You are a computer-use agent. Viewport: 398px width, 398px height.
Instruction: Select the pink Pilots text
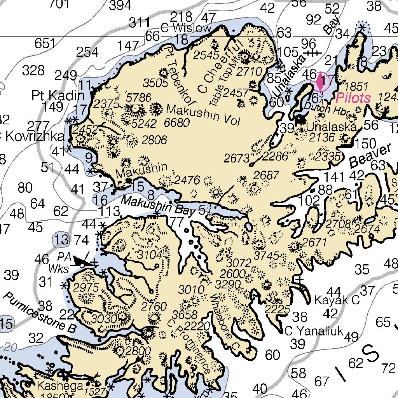pyautogui.click(x=353, y=98)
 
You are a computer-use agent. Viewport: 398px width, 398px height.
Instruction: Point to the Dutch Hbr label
pyautogui.click(x=322, y=107)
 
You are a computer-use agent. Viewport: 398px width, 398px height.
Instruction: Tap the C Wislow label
pyautogui.click(x=186, y=28)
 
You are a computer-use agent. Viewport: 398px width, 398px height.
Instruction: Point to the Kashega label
pyautogui.click(x=60, y=386)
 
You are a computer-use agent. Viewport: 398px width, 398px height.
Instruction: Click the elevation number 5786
pyautogui.click(x=139, y=98)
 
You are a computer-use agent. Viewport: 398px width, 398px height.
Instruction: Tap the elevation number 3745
pyautogui.click(x=266, y=256)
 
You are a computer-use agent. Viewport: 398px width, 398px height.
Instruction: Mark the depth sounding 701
pyautogui.click(x=59, y=4)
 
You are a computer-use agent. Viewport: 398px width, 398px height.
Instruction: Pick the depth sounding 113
pyautogui.click(x=109, y=212)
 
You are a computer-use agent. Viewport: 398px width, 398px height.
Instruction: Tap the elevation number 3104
pyautogui.click(x=149, y=255)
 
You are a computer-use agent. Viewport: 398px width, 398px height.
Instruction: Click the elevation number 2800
pyautogui.click(x=138, y=350)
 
